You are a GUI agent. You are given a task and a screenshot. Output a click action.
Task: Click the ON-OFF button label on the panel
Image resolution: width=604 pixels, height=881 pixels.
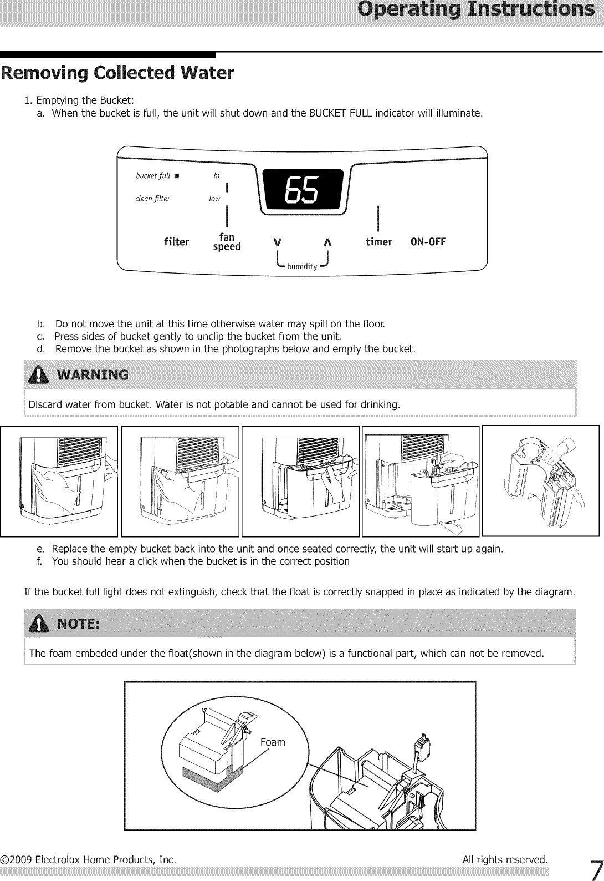tap(428, 242)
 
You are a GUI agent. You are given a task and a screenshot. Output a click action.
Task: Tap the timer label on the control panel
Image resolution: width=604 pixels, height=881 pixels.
tap(378, 242)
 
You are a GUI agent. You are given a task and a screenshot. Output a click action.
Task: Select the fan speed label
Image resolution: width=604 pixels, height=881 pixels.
tap(227, 242)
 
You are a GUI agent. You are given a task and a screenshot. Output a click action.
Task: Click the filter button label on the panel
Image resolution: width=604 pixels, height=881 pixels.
tap(176, 242)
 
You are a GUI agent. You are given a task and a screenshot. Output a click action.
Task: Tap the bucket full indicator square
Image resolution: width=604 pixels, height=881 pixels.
tap(176, 176)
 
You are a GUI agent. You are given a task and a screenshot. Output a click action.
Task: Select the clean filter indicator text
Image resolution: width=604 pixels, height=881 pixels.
tap(152, 199)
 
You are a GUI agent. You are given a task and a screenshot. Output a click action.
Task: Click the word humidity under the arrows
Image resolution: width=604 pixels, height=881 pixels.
tap(302, 266)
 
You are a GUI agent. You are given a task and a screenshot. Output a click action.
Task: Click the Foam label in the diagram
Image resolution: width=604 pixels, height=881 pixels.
tap(273, 742)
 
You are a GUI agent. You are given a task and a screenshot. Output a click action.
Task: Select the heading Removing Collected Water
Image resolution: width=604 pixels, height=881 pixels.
tap(117, 73)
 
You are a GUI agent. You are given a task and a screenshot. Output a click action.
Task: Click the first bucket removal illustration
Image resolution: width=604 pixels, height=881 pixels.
tap(59, 481)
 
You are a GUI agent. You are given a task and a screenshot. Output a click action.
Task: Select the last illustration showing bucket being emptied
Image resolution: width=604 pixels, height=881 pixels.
tap(541, 480)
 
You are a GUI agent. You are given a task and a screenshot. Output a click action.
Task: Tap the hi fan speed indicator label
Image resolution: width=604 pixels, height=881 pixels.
tap(217, 176)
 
